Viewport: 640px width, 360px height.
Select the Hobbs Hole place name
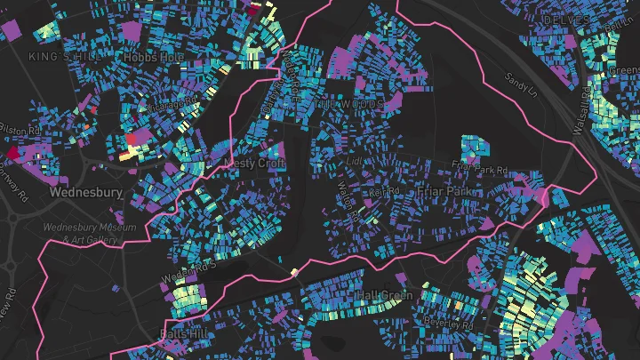coord(153,57)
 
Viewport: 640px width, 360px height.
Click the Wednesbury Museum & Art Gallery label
coord(91,233)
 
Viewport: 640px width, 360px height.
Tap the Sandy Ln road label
coord(521,84)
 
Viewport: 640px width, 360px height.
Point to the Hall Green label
coord(384,295)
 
